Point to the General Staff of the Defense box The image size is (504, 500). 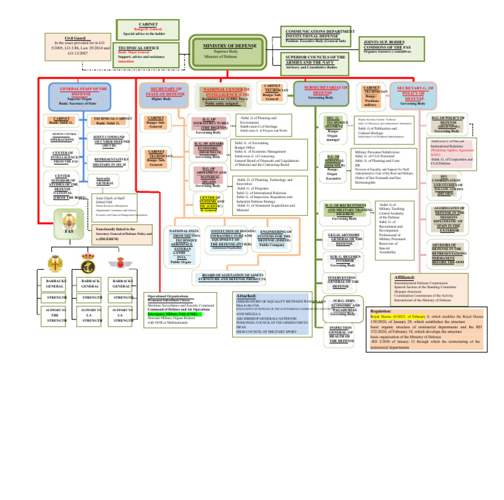point(83,95)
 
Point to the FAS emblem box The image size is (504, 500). point(69,226)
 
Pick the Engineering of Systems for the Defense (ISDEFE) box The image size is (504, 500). point(276,240)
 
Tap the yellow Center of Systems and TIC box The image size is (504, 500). point(210,203)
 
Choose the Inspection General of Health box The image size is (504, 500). point(342,334)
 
